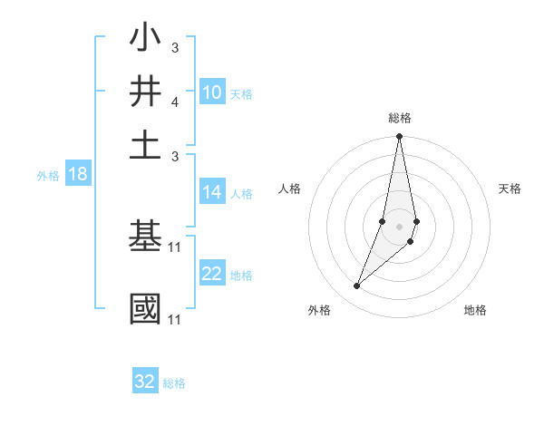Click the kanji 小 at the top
click(x=145, y=40)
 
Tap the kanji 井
click(x=145, y=92)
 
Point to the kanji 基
click(x=145, y=237)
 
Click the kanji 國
click(x=145, y=308)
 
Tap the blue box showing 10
click(x=212, y=92)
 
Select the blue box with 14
click(x=212, y=192)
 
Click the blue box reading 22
click(x=212, y=275)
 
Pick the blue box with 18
click(x=78, y=175)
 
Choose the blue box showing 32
click(x=145, y=382)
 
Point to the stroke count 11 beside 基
click(x=175, y=247)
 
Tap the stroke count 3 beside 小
click(x=175, y=47)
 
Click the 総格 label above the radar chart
click(x=400, y=118)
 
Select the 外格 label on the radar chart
click(x=319, y=310)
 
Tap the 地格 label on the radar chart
click(x=475, y=310)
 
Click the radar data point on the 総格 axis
click(x=399, y=137)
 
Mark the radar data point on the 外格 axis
click(x=357, y=286)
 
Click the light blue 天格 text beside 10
click(x=241, y=93)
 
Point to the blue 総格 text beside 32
click(x=174, y=383)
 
